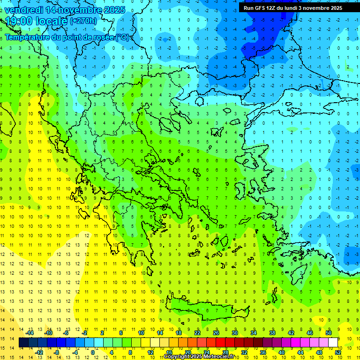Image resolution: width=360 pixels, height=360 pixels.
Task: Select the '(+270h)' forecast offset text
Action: [x=83, y=21]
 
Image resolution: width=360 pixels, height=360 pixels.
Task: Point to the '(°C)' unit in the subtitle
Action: [x=123, y=37]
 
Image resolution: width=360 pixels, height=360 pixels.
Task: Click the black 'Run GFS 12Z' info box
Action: [x=292, y=8]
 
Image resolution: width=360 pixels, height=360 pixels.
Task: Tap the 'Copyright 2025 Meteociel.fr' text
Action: [x=199, y=357]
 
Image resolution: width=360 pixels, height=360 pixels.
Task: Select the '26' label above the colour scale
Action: [x=216, y=333]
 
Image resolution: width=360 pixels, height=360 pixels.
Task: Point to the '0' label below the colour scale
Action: [x=92, y=352]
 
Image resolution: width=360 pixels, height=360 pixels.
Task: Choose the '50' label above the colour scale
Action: [x=329, y=333]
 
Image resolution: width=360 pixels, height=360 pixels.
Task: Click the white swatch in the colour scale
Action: [x=333, y=343]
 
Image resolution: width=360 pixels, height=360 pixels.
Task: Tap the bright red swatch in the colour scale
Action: [x=220, y=343]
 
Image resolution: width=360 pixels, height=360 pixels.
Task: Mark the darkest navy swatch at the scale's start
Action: [x=23, y=343]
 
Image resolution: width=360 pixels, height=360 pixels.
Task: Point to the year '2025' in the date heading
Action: [x=114, y=10]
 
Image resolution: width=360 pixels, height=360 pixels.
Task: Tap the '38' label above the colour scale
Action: [x=272, y=333]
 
